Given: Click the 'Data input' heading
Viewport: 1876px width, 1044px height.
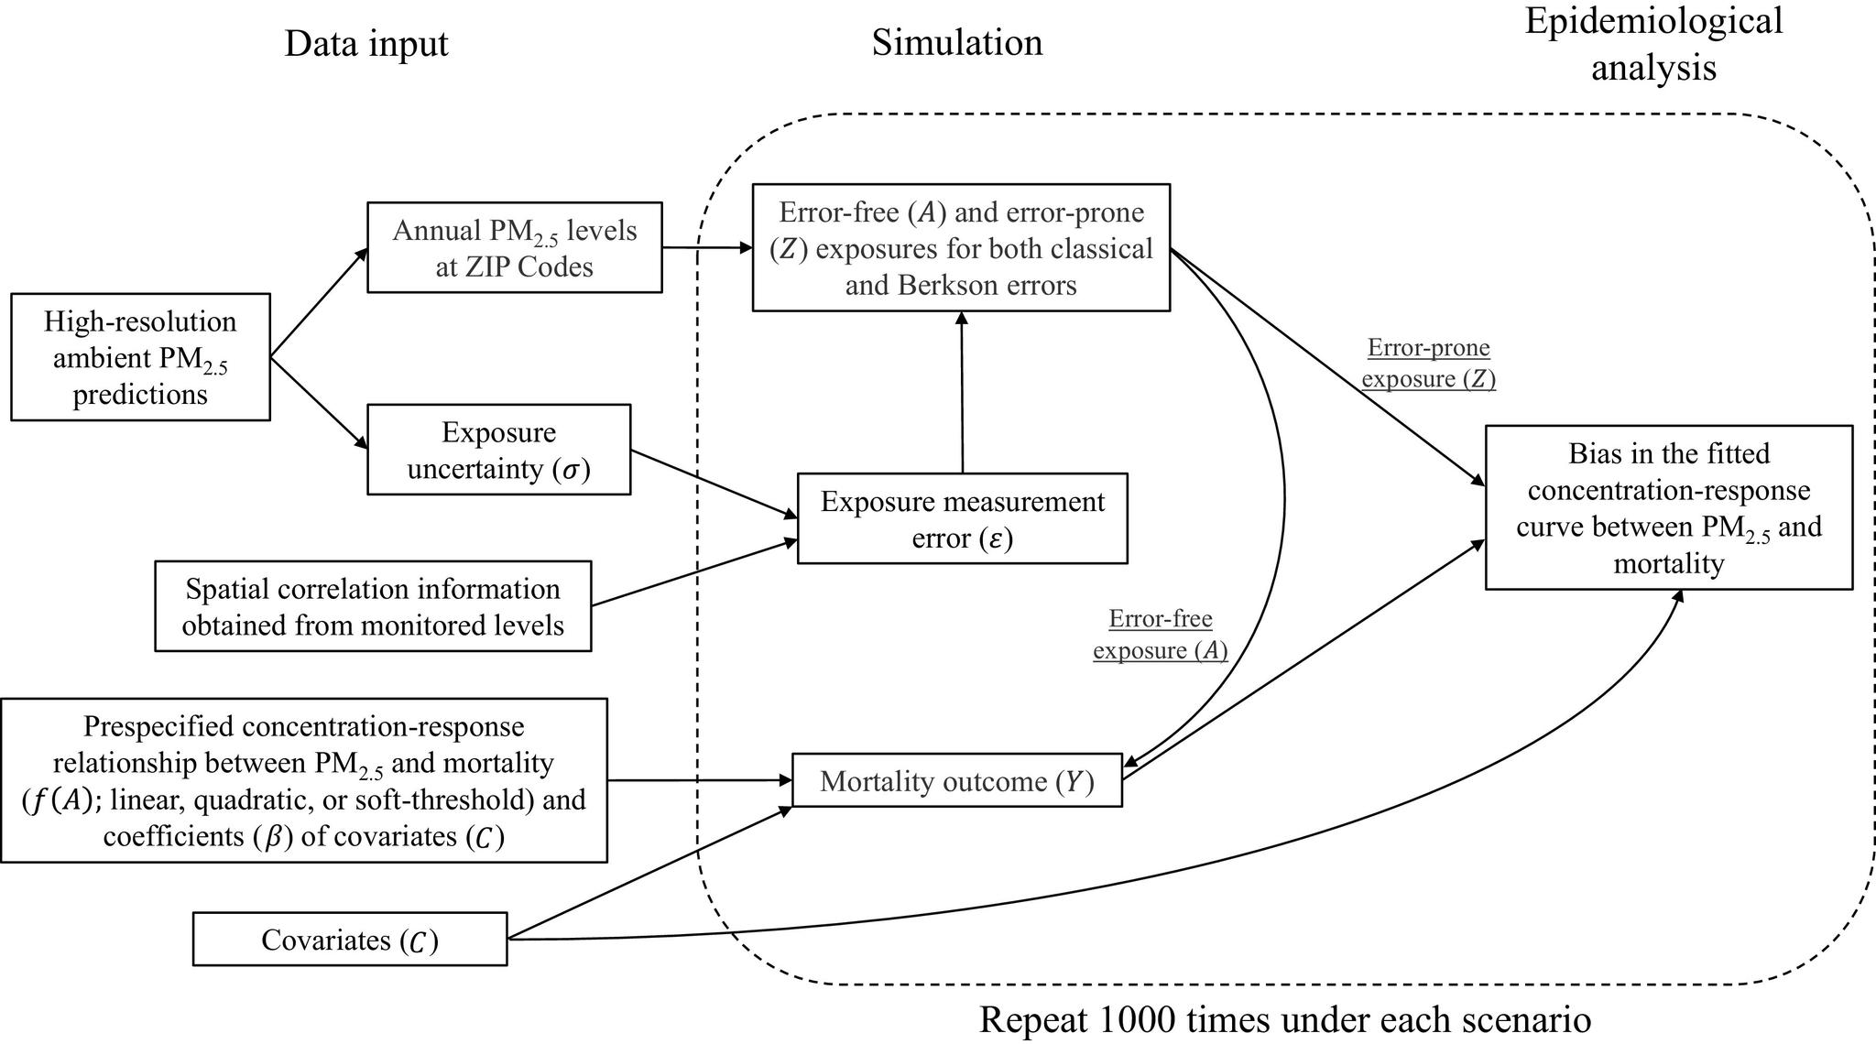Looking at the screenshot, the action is [x=366, y=44].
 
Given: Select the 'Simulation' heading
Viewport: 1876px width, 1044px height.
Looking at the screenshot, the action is [x=957, y=42].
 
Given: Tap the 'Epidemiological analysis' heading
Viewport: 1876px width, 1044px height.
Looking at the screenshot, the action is [x=1653, y=43].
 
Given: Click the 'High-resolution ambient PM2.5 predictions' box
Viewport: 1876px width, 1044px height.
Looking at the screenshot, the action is [x=140, y=357].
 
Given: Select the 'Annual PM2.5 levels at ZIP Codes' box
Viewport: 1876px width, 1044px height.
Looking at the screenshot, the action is [x=515, y=247].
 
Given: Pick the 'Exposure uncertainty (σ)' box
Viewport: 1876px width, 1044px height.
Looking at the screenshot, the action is [x=499, y=450].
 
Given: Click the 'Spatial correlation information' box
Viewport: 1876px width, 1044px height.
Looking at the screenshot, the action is [x=373, y=606].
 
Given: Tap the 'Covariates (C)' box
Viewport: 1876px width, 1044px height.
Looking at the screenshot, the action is [x=350, y=939].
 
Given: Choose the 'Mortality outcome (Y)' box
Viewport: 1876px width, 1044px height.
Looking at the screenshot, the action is [x=957, y=780].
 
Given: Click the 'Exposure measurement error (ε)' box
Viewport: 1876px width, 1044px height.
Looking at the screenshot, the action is [x=963, y=518].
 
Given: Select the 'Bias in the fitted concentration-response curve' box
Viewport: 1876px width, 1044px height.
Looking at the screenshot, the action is [x=1669, y=507].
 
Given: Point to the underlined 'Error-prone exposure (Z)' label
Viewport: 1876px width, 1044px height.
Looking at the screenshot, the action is [x=1429, y=363].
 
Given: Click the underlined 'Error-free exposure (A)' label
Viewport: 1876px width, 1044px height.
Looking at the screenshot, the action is [x=1161, y=635].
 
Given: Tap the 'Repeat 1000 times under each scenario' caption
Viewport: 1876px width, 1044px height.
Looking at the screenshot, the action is [x=1285, y=1019].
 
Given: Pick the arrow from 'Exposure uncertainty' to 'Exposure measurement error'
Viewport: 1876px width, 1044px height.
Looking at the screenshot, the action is [x=714, y=484].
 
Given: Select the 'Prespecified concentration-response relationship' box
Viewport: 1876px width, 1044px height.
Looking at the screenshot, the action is [x=304, y=780].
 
